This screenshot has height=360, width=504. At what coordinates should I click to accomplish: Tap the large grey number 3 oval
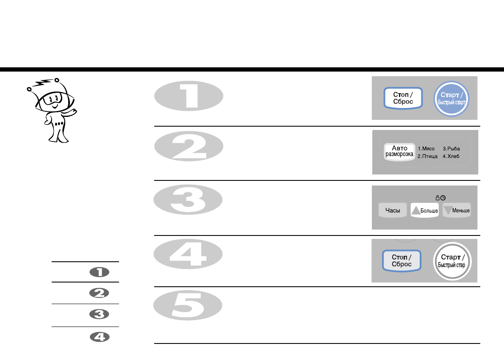pyautogui.click(x=188, y=202)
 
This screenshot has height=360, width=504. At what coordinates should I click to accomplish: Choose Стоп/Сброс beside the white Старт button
pyautogui.click(x=402, y=260)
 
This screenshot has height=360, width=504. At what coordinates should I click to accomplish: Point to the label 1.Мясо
pyautogui.click(x=426, y=149)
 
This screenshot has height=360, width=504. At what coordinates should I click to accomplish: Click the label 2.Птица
pyautogui.click(x=427, y=156)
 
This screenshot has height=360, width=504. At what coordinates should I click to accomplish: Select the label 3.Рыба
pyautogui.click(x=451, y=149)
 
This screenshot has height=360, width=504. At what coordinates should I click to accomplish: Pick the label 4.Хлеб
pyautogui.click(x=451, y=156)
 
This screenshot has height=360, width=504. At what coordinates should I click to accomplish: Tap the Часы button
pyautogui.click(x=393, y=210)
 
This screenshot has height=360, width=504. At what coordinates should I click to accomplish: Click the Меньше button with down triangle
pyautogui.click(x=457, y=210)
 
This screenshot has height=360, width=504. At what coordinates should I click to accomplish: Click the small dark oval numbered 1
pyautogui.click(x=100, y=273)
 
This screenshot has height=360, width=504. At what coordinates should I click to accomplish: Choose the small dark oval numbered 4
pyautogui.click(x=100, y=337)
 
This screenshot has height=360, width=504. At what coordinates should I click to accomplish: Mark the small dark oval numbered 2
pyautogui.click(x=100, y=293)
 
